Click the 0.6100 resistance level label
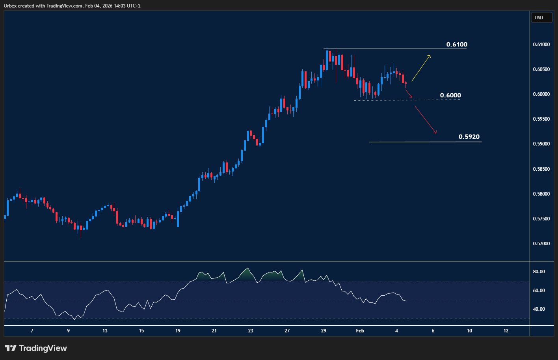[457, 45]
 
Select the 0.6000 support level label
[450, 95]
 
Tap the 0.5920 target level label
[469, 137]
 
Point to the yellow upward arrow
[421, 68]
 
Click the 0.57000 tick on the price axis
[541, 244]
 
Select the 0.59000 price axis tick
[541, 144]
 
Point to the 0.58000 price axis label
[541, 194]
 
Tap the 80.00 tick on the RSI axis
[539, 272]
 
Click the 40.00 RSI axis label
[539, 309]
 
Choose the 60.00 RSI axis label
[539, 291]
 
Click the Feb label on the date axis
[360, 331]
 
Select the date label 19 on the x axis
[178, 331]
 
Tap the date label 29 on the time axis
[324, 331]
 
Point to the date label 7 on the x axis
[32, 331]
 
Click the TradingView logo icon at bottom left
[11, 348]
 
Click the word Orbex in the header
[11, 6]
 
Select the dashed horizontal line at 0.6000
[394, 100]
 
